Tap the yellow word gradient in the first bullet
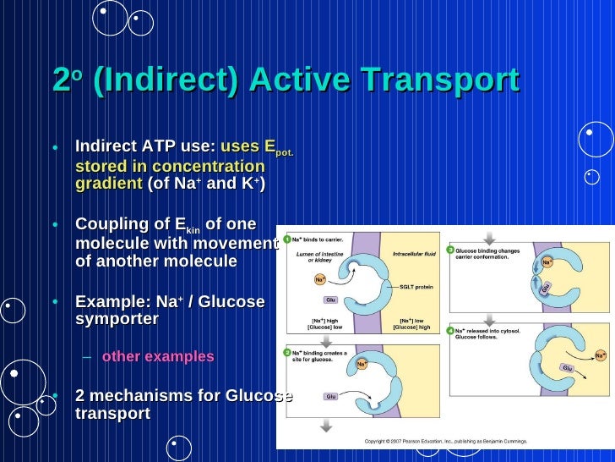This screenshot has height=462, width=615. [x=109, y=184]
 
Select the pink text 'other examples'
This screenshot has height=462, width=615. [x=158, y=356]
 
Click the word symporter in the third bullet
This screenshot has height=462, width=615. [x=117, y=319]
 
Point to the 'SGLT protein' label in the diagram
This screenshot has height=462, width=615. [x=417, y=287]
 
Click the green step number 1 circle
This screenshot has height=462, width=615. [x=287, y=240]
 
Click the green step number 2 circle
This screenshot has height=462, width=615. [x=287, y=352]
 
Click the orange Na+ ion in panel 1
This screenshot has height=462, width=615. [x=321, y=279]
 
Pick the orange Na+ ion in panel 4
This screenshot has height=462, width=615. [x=600, y=355]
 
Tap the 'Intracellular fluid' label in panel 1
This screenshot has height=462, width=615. [x=413, y=254]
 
